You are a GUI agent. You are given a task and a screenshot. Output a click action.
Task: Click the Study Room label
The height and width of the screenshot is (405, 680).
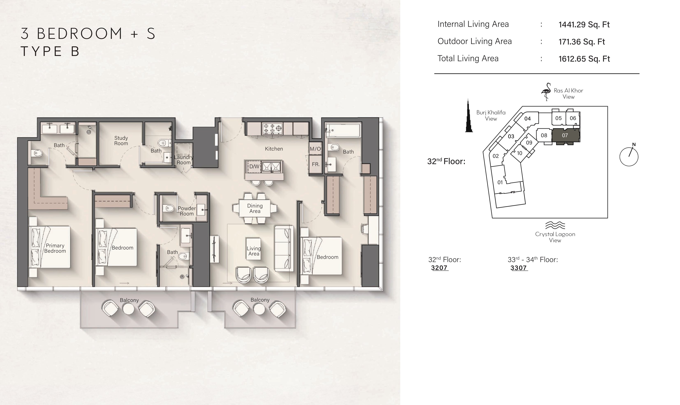[121, 140]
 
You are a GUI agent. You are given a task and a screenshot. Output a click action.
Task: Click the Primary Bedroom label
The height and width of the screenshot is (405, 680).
[55, 248]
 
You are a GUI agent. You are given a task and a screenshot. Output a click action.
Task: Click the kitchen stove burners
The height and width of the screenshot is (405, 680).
[272, 129]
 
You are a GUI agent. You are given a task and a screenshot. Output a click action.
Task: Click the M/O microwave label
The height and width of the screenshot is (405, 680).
[315, 149]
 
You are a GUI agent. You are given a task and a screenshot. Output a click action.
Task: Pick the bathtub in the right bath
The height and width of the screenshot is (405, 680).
[343, 130]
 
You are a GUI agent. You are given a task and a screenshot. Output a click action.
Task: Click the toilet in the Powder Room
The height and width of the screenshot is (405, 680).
[169, 209]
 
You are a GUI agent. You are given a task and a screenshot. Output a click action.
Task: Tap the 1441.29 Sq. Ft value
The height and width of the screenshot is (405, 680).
[584, 24]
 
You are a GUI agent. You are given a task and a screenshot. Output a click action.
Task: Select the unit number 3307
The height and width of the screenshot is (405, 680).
[519, 268]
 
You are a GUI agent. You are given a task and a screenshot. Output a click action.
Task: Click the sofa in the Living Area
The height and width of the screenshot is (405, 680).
[284, 248]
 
